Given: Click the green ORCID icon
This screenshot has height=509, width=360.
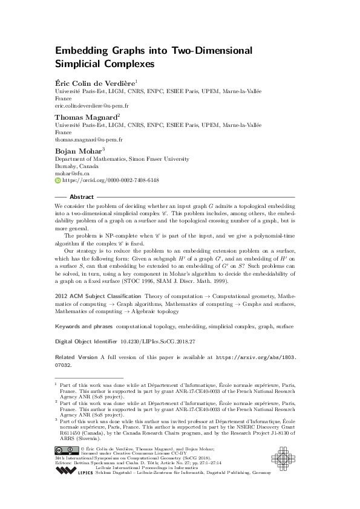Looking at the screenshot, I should (57, 180).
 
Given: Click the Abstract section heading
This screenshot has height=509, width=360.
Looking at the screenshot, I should (82, 197).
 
